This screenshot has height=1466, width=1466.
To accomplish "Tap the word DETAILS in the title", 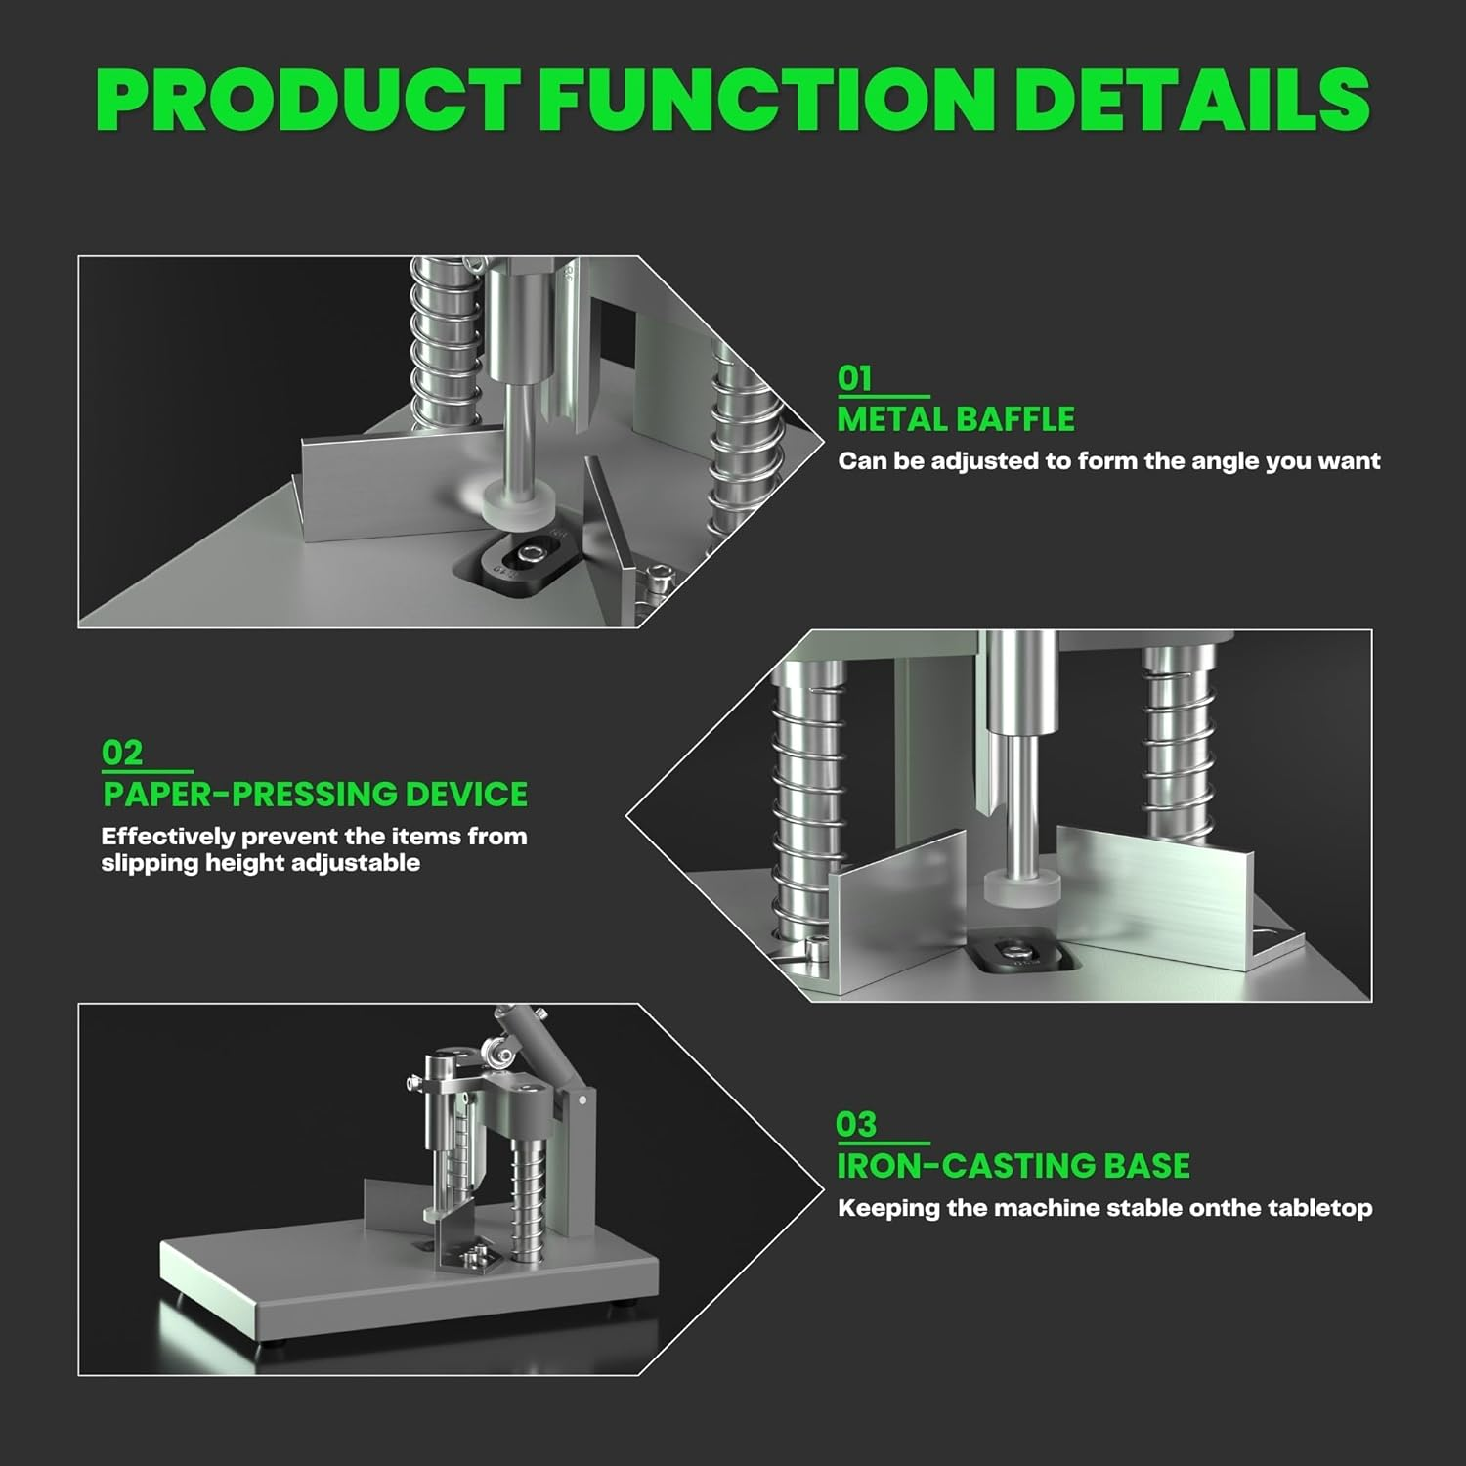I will pyautogui.click(x=1191, y=100).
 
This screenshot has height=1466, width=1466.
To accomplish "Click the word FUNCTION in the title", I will pyautogui.click(x=763, y=100).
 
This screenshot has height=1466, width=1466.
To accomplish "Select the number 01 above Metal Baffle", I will pyautogui.click(x=854, y=378).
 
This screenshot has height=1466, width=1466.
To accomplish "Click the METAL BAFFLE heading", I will pyautogui.click(x=956, y=419).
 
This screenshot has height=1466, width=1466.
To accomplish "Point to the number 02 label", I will pyautogui.click(x=122, y=753).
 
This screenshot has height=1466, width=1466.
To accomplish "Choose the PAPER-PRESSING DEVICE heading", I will pyautogui.click(x=315, y=794).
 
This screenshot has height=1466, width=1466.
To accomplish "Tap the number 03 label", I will pyautogui.click(x=856, y=1125).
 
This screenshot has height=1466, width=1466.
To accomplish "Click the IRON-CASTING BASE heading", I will pyautogui.click(x=1013, y=1166).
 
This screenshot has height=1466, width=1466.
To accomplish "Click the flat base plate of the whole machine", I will pyautogui.click(x=391, y=1280).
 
